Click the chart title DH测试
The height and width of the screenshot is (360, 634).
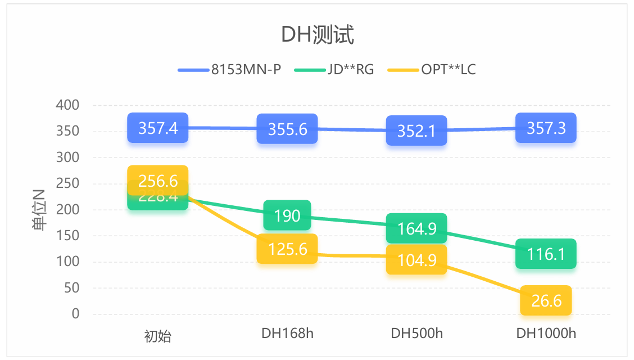(x=317, y=35)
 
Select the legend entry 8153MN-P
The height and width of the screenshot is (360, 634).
(x=246, y=70)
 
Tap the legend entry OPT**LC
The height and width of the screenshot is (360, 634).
(x=449, y=70)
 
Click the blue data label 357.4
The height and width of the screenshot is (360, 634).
(x=158, y=128)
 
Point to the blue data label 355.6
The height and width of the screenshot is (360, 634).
(x=287, y=129)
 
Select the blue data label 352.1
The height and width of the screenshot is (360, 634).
(x=416, y=130)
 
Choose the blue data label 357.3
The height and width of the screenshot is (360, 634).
(x=546, y=128)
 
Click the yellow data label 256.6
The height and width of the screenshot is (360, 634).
(x=158, y=181)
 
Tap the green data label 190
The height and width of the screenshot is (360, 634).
(x=287, y=215)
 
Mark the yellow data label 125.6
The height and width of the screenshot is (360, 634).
(x=287, y=249)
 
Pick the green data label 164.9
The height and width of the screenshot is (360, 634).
(x=416, y=228)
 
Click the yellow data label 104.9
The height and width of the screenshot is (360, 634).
(x=416, y=260)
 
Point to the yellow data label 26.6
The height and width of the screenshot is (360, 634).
(x=546, y=300)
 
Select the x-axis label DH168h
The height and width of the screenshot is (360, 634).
(x=287, y=334)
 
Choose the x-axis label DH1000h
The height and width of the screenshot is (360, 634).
(x=546, y=334)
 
